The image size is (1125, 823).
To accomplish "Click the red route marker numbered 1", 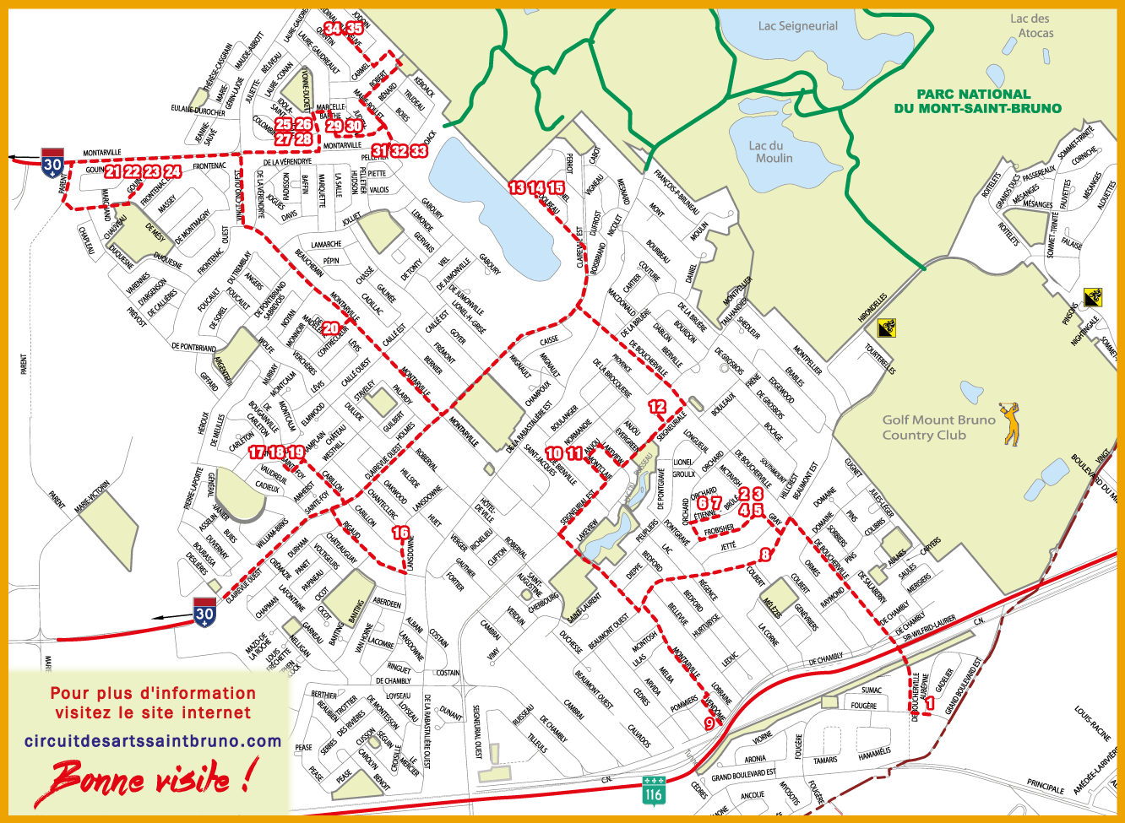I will (x=930, y=701).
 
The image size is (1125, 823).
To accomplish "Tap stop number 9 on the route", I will (x=709, y=723).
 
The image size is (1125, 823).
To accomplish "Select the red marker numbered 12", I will (x=657, y=406).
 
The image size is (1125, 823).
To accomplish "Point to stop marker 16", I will (x=400, y=533).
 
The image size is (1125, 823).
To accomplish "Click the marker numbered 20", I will (x=330, y=328).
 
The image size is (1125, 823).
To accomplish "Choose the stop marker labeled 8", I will (x=765, y=555).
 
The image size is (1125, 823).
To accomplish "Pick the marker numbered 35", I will (x=355, y=29).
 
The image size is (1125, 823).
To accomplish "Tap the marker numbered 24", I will (x=172, y=171).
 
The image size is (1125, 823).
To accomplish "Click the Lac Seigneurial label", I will (x=797, y=26).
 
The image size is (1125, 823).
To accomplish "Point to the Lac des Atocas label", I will (x=1032, y=25).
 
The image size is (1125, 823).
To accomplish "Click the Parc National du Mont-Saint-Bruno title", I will (x=977, y=101).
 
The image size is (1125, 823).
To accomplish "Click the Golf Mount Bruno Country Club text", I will (x=927, y=427).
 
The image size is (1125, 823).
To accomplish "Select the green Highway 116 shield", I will (x=654, y=789).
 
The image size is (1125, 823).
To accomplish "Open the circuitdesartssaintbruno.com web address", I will (x=153, y=741).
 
